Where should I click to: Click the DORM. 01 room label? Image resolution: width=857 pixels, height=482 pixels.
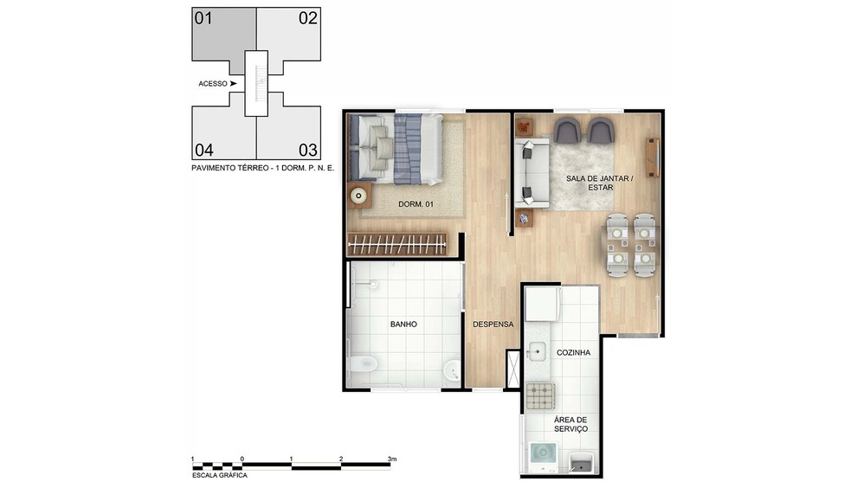point(416,204)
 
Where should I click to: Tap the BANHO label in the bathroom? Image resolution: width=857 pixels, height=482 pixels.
point(403,324)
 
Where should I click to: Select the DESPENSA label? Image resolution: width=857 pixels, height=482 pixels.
point(493,324)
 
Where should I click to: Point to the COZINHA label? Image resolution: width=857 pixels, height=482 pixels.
point(573,352)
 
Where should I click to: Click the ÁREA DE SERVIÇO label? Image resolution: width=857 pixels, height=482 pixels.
point(570,424)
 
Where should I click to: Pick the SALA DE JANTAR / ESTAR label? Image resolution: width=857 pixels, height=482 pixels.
point(600,183)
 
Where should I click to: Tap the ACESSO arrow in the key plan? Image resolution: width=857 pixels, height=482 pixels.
point(234,84)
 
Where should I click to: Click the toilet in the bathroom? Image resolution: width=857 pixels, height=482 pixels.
point(363,363)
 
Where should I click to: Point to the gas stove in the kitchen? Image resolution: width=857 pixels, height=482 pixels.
point(540,395)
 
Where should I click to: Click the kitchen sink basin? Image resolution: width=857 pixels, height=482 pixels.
point(536,350)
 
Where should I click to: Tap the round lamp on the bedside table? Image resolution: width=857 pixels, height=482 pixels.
point(359,195)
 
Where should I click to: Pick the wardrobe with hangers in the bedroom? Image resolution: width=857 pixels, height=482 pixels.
point(396,244)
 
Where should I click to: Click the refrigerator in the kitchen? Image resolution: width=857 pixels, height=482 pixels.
point(543,305)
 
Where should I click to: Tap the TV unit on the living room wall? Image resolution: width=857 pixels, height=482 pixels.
point(653,158)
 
